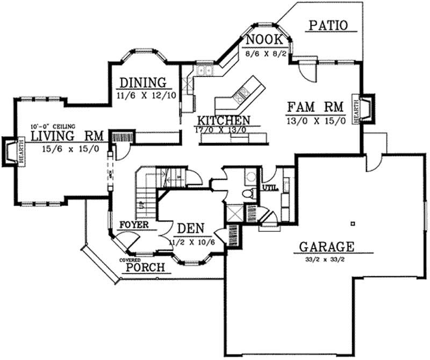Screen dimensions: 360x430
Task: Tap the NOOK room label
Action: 262,40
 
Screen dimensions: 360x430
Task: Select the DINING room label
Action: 141,83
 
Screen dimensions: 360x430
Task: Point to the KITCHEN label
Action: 223,120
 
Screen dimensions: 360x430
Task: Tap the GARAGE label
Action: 326,247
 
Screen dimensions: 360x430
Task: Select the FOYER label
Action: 134,224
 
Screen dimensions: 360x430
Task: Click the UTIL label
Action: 268,188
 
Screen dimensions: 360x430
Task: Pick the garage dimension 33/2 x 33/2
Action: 326,259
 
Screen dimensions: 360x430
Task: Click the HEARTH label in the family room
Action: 355,110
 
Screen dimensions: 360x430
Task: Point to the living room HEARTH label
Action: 20,153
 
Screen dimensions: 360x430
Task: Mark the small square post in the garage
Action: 353,223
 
